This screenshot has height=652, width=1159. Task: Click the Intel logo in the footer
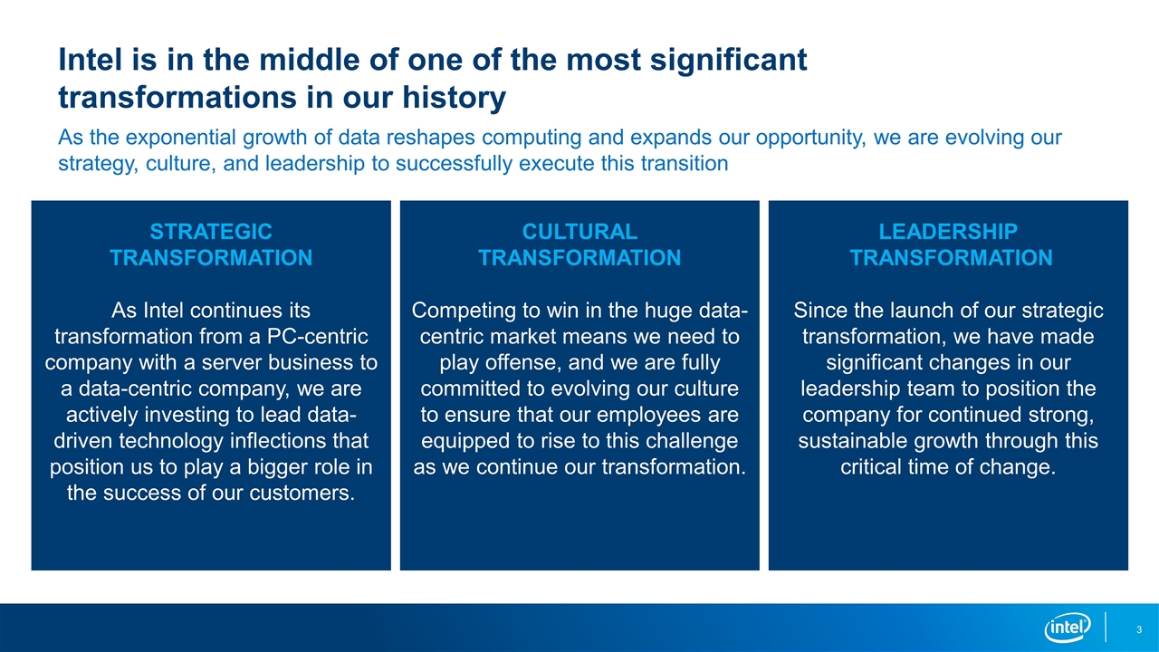pyautogui.click(x=1068, y=628)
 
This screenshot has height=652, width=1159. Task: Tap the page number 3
pyautogui.click(x=1139, y=629)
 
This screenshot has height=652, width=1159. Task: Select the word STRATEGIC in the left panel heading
pyautogui.click(x=211, y=232)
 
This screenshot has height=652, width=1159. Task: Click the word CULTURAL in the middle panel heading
pyautogui.click(x=579, y=232)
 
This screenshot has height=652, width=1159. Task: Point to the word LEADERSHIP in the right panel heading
pyautogui.click(x=948, y=232)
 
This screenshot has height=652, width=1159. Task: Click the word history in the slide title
pyautogui.click(x=455, y=97)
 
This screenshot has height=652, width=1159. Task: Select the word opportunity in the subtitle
pyautogui.click(x=810, y=139)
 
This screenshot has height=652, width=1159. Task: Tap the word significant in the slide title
pyautogui.click(x=729, y=60)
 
